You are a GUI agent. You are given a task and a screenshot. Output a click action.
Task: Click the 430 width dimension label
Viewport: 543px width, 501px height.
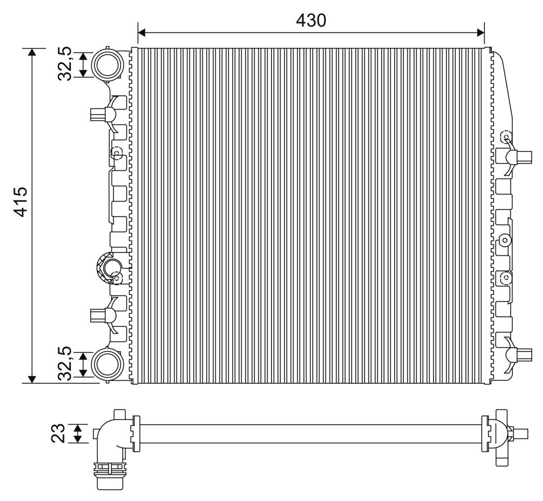[x=310, y=20]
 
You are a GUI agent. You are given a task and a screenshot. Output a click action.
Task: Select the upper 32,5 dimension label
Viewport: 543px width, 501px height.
[x=65, y=64]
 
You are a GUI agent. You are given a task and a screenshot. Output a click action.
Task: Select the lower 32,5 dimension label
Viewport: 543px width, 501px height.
[x=65, y=363]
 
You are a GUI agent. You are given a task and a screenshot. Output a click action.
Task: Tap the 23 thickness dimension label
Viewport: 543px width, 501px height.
[x=59, y=433]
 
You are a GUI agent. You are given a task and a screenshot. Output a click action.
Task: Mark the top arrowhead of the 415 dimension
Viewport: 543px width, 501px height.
[x=32, y=52]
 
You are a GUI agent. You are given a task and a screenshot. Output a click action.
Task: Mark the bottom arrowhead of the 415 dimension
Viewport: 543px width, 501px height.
[x=32, y=379]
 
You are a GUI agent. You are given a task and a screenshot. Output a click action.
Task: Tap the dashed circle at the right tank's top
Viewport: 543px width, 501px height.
[x=505, y=138]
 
